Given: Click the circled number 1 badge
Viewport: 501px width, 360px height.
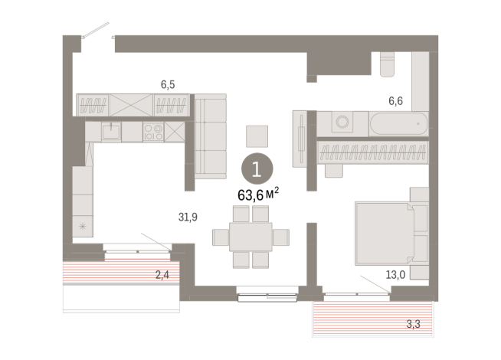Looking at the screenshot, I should point(257,168).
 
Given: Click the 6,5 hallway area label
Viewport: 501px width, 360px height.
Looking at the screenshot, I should point(168,85).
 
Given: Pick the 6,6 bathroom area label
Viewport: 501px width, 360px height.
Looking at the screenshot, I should point(395,100).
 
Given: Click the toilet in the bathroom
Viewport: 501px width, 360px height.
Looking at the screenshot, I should point(385,63).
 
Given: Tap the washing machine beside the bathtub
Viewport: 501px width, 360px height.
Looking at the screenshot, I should point(342,123).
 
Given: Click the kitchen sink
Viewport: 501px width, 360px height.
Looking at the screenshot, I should point(113,133).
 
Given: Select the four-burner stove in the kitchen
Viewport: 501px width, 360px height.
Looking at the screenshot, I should point(153,133).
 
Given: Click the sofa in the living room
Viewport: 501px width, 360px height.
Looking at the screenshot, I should point(210,136).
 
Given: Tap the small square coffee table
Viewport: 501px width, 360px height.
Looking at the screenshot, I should point(257,136).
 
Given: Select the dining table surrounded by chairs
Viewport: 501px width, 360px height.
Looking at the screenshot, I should point(251,235).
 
